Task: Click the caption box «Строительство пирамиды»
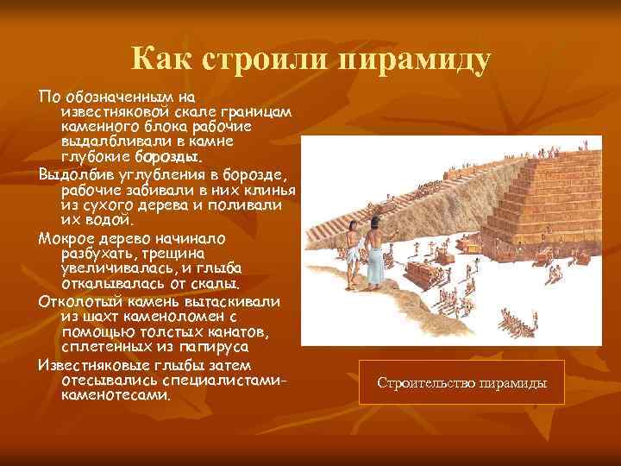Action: [x=461, y=382]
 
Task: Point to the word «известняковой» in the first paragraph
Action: [x=113, y=113]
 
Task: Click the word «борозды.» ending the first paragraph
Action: [x=168, y=157]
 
